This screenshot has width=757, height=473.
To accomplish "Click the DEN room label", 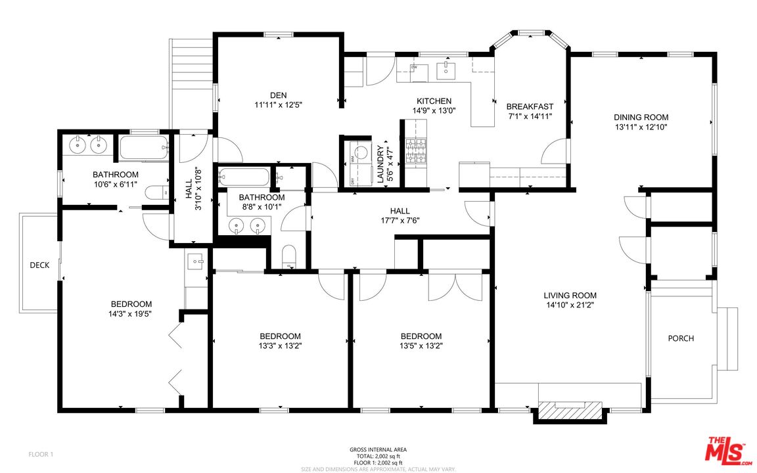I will tap(278, 95).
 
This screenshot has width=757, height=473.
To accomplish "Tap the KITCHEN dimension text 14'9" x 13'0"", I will tap(434, 110).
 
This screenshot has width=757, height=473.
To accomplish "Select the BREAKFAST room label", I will tap(530, 106).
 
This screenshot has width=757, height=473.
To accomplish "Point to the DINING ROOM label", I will tap(641, 117).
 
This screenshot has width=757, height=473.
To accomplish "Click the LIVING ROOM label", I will tap(570, 296).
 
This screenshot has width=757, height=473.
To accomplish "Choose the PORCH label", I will tap(681, 338).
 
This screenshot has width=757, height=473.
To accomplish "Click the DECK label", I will tap(39, 265).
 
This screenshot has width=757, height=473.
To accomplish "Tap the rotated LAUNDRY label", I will tap(380, 164).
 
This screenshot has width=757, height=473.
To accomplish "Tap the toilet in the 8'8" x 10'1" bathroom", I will tap(288, 257).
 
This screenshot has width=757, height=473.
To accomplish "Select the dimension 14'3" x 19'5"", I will tap(131, 314).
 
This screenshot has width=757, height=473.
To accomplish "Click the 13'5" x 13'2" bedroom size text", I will tap(421, 346).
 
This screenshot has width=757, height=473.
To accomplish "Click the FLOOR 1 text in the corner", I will tap(40, 454).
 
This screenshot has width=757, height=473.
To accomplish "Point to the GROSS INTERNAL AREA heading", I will tap(378, 450).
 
